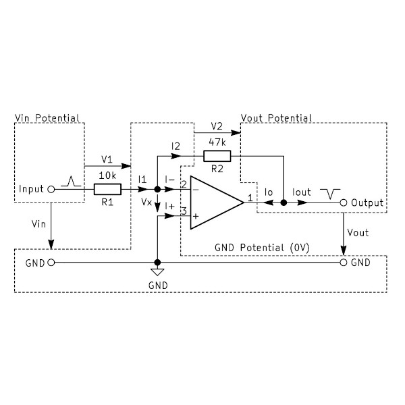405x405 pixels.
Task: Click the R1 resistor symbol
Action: click(x=107, y=190)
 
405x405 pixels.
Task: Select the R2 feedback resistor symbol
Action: click(x=217, y=157)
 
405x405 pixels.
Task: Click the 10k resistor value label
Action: click(x=108, y=175)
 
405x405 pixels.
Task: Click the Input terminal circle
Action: click(x=51, y=190)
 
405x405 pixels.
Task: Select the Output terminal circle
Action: click(x=344, y=202)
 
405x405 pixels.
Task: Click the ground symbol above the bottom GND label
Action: click(x=157, y=272)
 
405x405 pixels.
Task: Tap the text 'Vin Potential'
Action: click(x=47, y=118)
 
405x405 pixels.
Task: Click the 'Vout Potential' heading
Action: click(x=276, y=118)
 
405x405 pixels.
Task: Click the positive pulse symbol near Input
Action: click(x=70, y=181)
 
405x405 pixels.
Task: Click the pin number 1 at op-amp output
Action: click(x=250, y=198)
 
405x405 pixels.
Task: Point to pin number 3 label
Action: click(x=184, y=212)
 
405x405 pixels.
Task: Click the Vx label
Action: click(x=146, y=202)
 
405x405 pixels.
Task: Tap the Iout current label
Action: click(x=302, y=192)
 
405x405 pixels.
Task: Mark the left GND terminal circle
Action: click(x=51, y=262)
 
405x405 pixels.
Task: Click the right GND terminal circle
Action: click(x=344, y=262)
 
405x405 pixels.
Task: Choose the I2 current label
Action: click(x=176, y=146)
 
